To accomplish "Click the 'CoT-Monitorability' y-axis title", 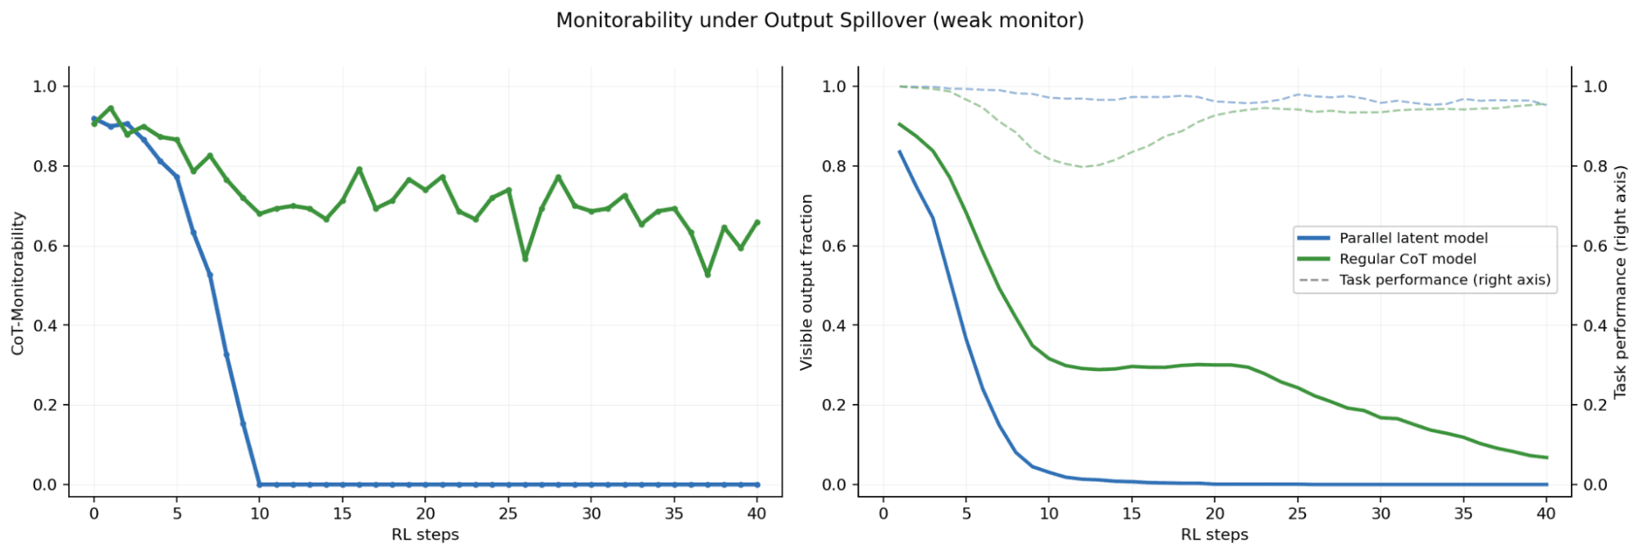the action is (18, 283).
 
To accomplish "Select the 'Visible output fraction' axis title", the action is (806, 282).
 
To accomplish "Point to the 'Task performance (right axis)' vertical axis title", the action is (1619, 282).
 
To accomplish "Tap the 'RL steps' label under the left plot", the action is (425, 534).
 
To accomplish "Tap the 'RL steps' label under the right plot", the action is (1214, 534).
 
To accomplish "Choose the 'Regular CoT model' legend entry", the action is (1408, 259).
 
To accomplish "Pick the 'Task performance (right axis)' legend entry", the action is (1445, 280).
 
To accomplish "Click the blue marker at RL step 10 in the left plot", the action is (259, 484).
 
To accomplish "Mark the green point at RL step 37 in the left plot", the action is (707, 274).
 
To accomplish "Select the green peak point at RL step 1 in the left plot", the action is (111, 108).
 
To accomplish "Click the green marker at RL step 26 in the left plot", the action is (525, 259).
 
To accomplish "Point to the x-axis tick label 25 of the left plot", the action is (509, 514).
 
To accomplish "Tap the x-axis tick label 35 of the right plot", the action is (1463, 514).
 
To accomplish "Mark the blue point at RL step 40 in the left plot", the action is (756, 484).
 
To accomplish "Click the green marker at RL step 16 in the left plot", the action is (358, 170).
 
